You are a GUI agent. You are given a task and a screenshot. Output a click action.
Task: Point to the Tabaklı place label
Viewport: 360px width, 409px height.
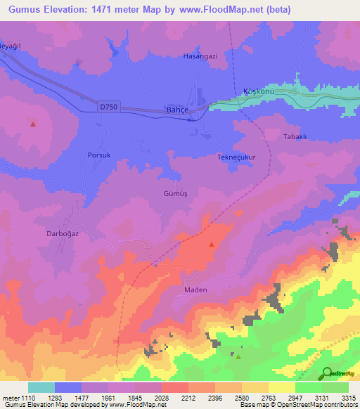click(295, 136)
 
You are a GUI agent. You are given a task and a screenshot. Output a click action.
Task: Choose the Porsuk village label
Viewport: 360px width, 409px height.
click(100, 155)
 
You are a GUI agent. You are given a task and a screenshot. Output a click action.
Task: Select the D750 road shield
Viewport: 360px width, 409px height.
click(109, 107)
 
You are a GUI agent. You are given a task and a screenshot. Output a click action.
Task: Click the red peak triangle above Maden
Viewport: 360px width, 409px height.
click(212, 245)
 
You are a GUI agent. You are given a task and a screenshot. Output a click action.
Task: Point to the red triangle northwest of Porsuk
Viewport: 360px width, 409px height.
click(33, 124)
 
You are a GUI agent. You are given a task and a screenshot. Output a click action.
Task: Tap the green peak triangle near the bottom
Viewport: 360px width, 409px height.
click(238, 356)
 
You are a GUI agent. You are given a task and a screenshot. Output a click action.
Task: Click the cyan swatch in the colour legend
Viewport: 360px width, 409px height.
click(41, 387)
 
